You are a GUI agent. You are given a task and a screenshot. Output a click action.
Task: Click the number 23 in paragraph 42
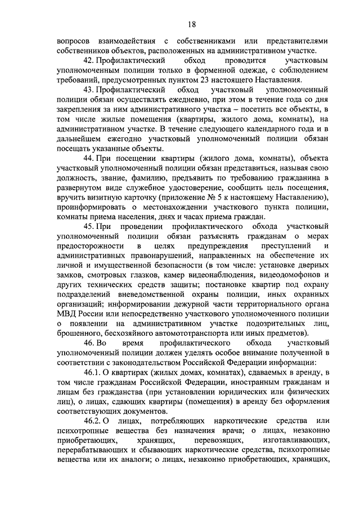click(191, 80)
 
